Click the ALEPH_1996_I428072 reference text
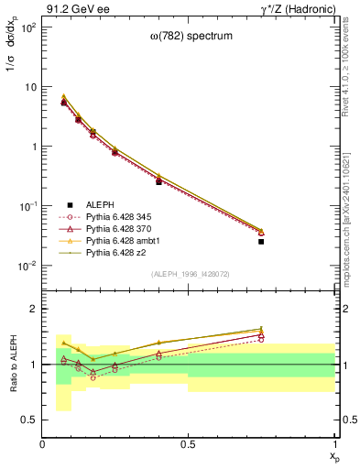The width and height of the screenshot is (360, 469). point(190,274)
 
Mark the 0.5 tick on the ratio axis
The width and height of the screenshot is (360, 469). point(31,420)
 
